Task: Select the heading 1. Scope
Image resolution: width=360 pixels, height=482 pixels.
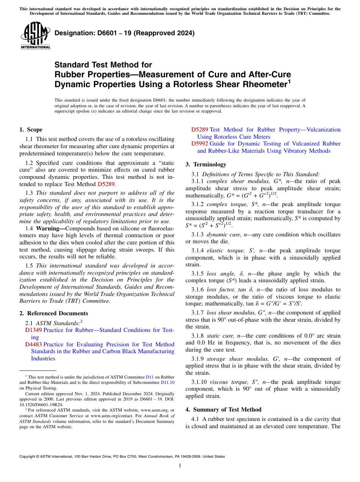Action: coord(31,130)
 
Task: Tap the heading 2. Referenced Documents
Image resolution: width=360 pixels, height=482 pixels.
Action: coord(54,313)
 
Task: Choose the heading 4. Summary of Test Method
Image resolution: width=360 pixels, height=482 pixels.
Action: coord(223,410)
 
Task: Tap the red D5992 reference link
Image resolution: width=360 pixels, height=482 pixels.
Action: coord(199,144)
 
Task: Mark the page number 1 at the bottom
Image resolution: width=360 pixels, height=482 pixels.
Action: coord(180,466)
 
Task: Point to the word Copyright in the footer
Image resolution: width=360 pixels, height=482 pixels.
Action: coord(28,457)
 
